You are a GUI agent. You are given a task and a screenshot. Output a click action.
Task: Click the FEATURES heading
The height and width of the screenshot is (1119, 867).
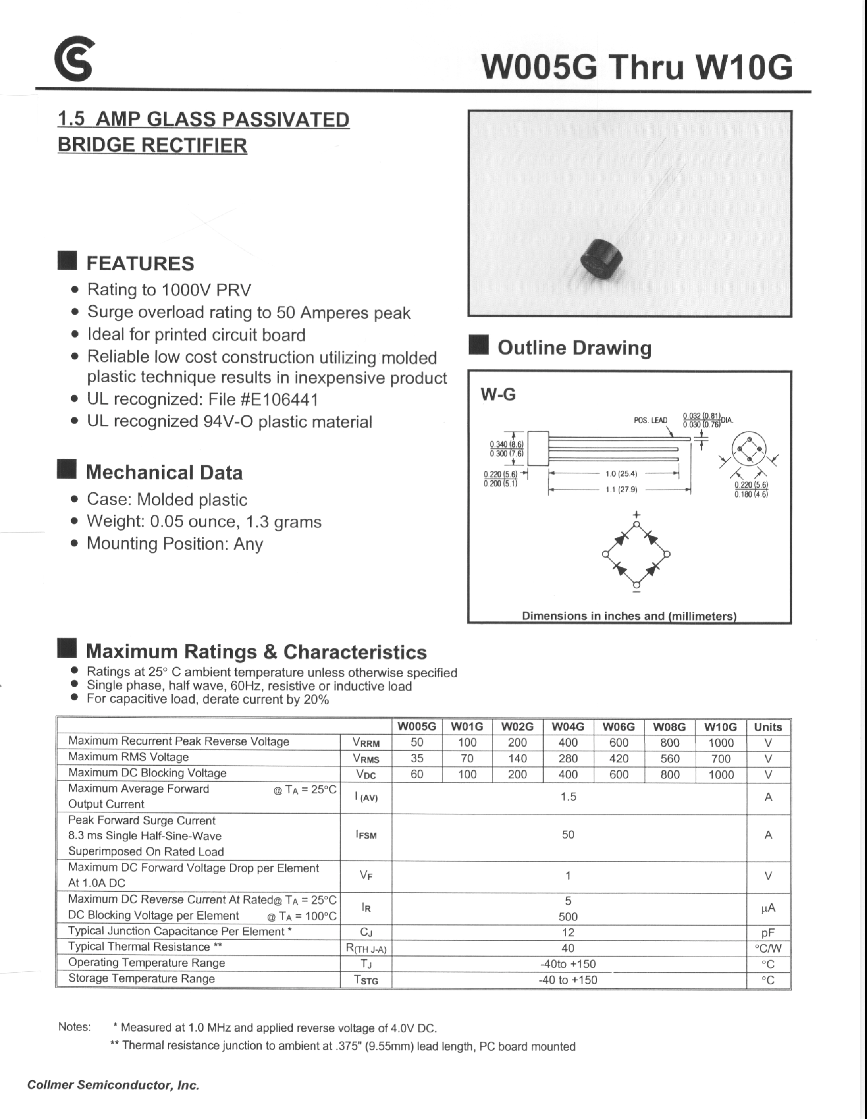(140, 264)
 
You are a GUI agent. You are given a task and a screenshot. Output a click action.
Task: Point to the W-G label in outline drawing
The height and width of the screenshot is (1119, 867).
(498, 395)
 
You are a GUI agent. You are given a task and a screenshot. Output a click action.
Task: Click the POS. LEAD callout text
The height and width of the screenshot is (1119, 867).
(650, 420)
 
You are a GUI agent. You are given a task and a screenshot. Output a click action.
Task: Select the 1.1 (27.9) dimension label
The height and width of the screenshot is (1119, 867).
(621, 490)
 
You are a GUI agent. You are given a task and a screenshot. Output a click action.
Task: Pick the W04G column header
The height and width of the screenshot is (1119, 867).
(568, 726)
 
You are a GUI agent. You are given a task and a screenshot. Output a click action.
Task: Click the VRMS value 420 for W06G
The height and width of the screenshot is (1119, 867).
(619, 758)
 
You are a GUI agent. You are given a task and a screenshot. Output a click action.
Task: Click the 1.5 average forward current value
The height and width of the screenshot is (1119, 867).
(568, 797)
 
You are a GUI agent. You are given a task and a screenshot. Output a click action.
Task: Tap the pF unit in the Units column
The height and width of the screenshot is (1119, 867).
(768, 932)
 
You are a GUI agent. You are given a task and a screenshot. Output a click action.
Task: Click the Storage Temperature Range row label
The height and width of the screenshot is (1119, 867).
(141, 979)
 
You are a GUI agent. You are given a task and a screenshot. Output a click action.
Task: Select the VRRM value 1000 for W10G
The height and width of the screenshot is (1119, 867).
(721, 743)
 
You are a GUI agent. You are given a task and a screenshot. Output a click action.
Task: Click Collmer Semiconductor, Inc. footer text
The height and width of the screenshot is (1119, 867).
(113, 1085)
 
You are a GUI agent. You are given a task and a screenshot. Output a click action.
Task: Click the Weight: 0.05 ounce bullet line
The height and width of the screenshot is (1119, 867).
(203, 522)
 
